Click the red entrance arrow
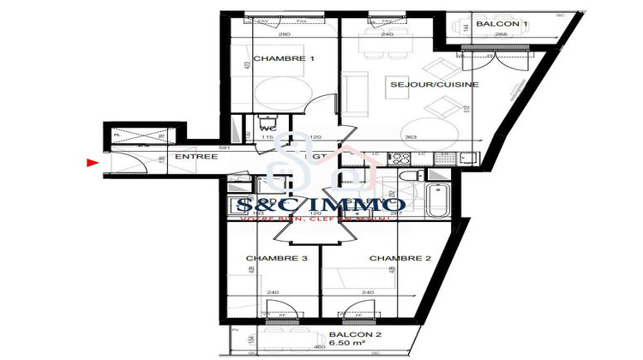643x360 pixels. point(92,161)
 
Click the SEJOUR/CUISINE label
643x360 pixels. point(422,85)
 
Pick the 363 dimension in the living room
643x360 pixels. point(410,137)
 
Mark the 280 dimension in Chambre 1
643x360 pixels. point(284,35)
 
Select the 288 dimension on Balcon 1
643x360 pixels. point(502,35)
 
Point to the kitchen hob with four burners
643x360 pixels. point(400,158)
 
